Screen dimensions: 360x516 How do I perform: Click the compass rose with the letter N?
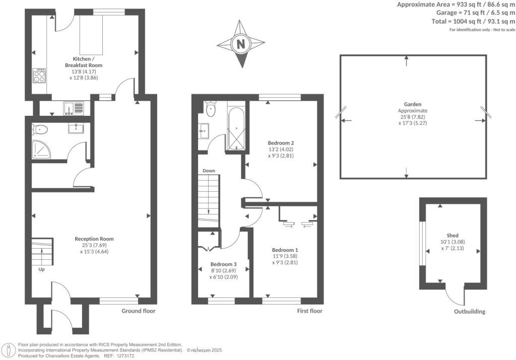pos(241,44)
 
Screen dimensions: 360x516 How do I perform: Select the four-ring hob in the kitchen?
pos(39,76)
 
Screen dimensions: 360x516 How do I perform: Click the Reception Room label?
pos(94,239)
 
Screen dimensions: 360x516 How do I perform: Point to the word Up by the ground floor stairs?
pos(41,269)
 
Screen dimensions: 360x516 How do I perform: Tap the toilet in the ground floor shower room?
pos(40,130)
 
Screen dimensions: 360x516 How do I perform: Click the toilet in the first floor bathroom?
pos(211,109)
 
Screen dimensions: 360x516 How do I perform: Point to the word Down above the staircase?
pos(209,171)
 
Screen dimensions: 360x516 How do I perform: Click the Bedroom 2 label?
pos(280,142)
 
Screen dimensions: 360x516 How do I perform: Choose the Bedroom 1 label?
pos(285,250)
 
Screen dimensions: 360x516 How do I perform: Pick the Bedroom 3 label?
pos(223,264)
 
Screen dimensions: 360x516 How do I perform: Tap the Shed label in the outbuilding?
pos(452,235)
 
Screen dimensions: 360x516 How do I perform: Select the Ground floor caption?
pos(139,311)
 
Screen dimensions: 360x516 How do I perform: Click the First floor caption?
pos(309,311)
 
